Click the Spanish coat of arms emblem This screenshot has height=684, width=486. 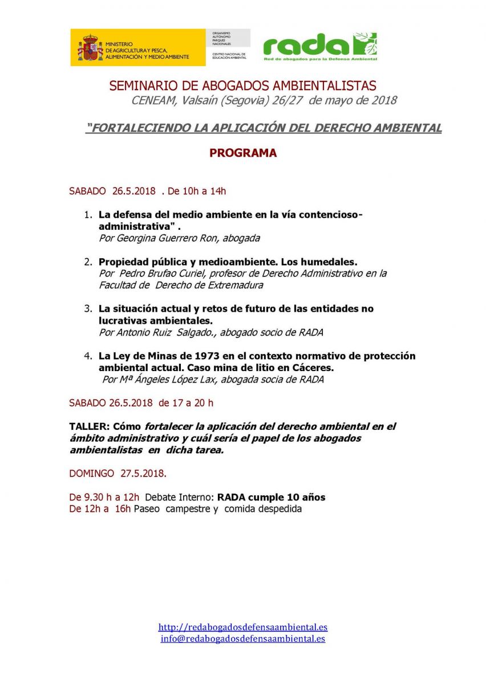coord(90,48)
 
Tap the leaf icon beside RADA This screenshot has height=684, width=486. coord(365,44)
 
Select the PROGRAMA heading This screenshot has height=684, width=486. coord(242,153)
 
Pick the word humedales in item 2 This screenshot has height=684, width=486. coord(330,262)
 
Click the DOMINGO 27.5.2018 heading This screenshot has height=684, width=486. coord(118,473)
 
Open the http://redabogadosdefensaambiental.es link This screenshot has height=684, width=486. coord(243,627)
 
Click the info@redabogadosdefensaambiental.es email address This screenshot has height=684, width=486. coord(243,638)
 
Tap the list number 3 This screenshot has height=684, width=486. coord(88,309)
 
